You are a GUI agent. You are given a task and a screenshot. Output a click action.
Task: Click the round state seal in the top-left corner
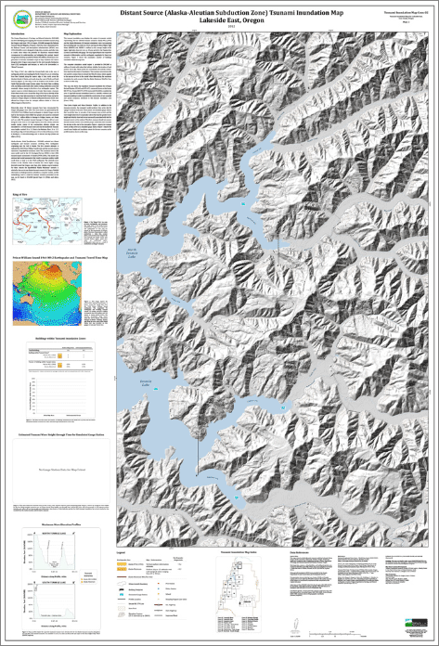(x=12, y=12)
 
